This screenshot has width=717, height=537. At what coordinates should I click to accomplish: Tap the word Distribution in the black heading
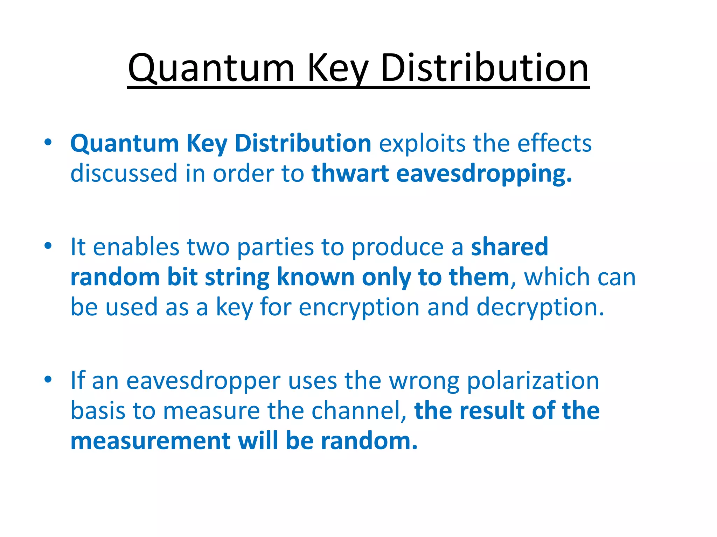[x=485, y=68]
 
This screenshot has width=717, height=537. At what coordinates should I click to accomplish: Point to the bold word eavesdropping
[x=484, y=174]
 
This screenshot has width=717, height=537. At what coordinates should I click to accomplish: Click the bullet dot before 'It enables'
[x=48, y=246]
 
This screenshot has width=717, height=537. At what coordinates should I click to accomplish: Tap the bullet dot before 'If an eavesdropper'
[x=48, y=379]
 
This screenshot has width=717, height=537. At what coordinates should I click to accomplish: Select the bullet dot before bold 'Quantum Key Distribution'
[x=48, y=142]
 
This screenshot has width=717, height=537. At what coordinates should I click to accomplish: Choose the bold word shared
[x=509, y=247]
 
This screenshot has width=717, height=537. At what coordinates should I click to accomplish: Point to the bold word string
[x=237, y=278]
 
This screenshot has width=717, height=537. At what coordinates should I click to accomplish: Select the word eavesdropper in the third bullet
[x=203, y=381]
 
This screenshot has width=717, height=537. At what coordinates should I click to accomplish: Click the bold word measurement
[x=151, y=441]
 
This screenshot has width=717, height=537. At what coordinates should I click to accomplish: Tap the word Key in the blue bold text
[x=207, y=144]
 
